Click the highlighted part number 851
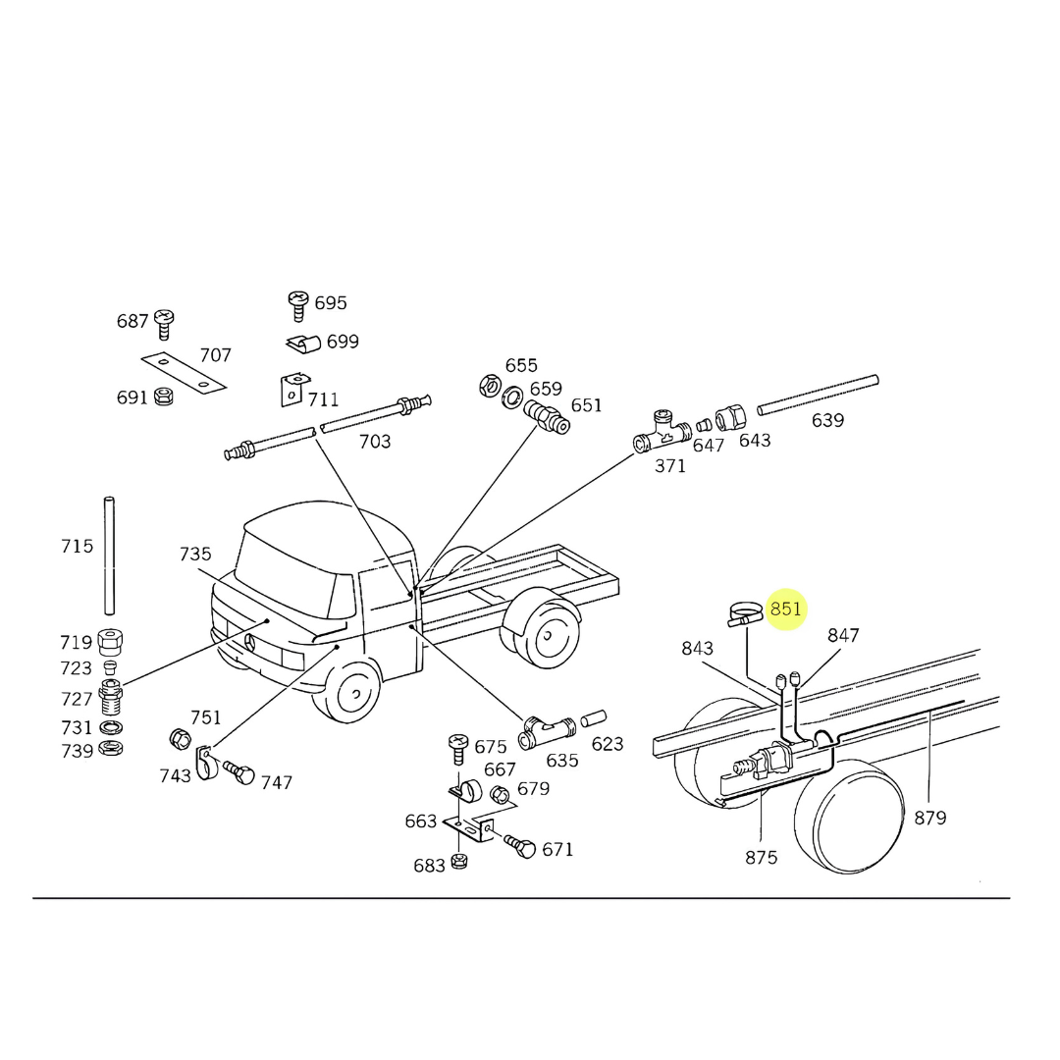(x=785, y=609)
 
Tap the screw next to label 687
(x=164, y=324)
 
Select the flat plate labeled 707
(x=184, y=372)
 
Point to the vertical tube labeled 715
(x=109, y=556)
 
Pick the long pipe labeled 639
(x=818, y=395)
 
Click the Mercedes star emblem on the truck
(x=249, y=642)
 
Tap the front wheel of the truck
(x=346, y=691)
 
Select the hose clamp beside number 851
(x=745, y=614)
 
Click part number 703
(x=375, y=442)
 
